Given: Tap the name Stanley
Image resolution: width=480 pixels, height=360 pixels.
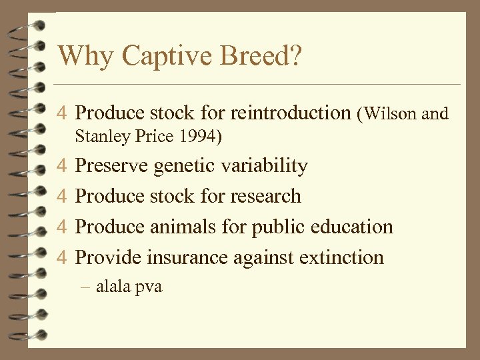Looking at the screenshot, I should pos(101,137).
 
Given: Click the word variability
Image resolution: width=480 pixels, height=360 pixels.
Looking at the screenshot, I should pos(264,165).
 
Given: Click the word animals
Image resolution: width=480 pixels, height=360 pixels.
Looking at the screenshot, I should pos(185,227).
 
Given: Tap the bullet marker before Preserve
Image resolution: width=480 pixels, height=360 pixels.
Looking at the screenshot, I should pos(61,166).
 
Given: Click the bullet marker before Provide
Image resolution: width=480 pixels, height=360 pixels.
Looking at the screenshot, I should pos(61,258).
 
